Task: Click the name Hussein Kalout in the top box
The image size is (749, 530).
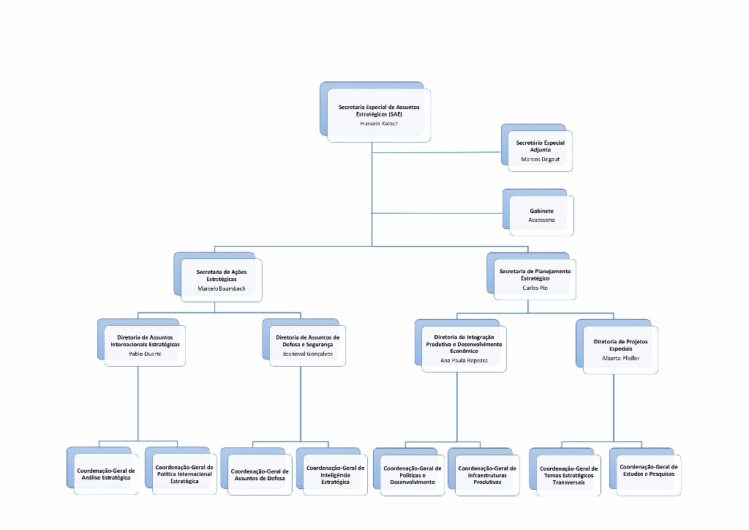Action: point(378,124)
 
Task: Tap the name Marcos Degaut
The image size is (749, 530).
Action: point(540,159)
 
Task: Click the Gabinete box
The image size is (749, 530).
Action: point(541,214)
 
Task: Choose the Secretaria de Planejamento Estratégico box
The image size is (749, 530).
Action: point(535,278)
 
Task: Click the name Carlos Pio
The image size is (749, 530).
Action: point(535,288)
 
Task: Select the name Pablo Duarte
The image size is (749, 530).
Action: point(145,354)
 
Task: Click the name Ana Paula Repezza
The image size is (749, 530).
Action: point(464,361)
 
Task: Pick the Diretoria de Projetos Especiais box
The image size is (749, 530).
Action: point(620,348)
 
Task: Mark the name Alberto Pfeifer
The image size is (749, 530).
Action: point(620,359)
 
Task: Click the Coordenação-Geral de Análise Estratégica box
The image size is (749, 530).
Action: point(106,474)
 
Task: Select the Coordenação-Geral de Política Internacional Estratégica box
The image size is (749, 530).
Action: point(184,473)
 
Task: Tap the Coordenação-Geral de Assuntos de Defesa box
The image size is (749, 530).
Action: point(260,474)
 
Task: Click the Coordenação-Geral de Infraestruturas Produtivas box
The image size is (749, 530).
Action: point(487,474)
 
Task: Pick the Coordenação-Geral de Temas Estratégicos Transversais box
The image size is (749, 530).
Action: point(568,474)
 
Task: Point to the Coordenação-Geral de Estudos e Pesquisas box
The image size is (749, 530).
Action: point(648,471)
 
